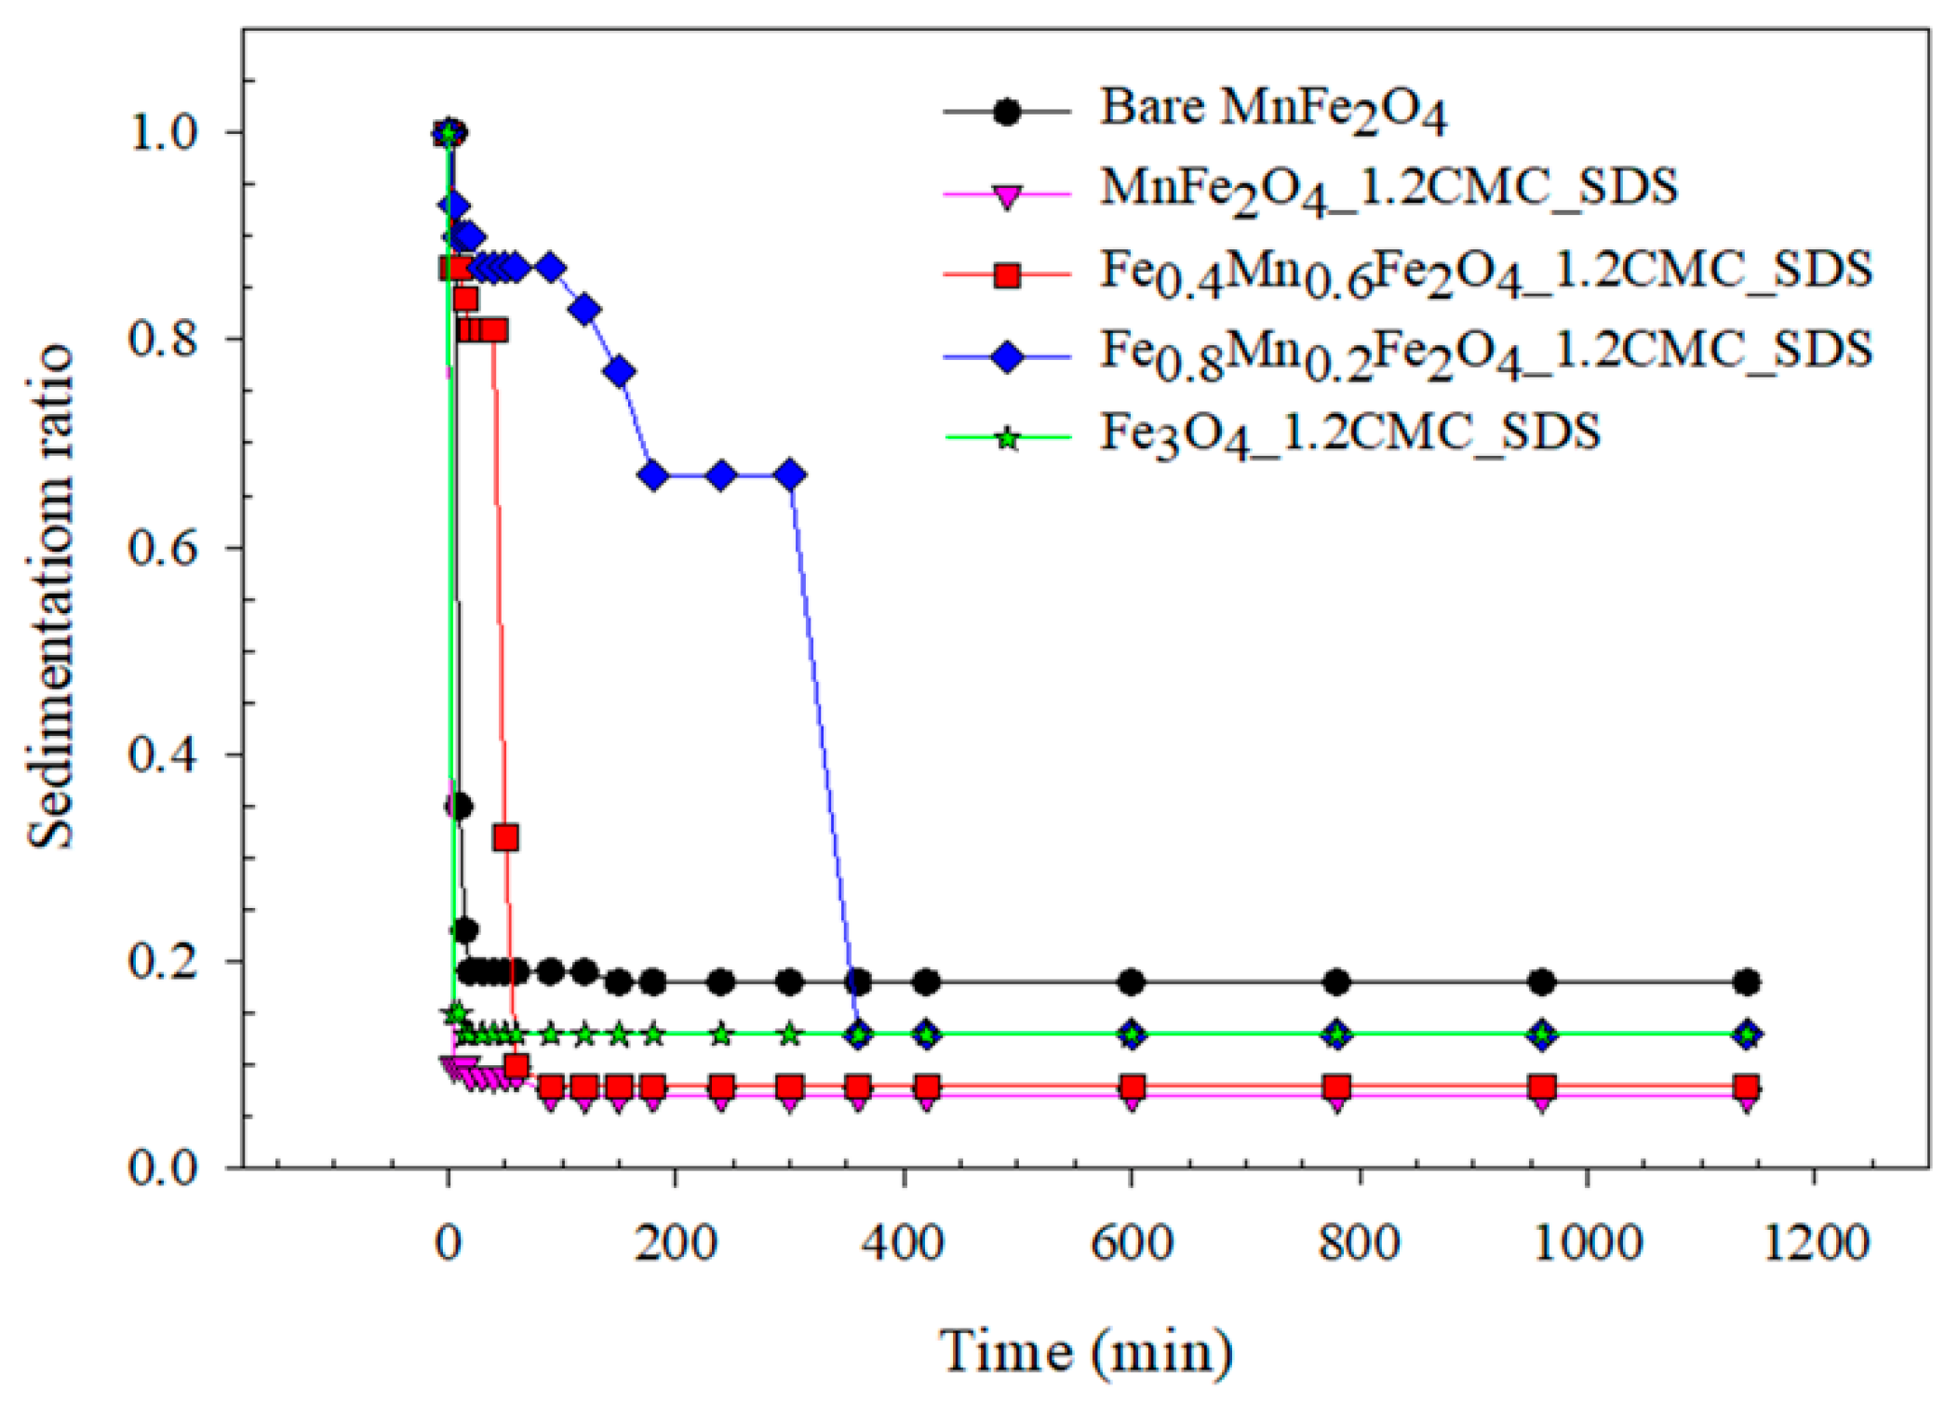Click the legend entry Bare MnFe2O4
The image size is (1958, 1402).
click(1272, 109)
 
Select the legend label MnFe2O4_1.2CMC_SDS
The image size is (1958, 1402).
click(1388, 189)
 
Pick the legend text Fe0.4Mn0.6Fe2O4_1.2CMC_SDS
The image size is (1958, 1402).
click(1485, 272)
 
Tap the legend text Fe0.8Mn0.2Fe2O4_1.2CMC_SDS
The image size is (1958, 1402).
click(1485, 353)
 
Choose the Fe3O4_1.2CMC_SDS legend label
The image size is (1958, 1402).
click(1349, 434)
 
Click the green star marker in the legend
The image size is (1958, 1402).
click(1007, 437)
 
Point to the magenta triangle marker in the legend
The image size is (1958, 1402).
click(1007, 196)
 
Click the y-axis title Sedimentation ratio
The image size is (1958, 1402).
click(51, 596)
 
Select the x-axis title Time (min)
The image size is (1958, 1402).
click(1085, 1352)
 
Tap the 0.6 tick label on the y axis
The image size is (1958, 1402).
click(163, 547)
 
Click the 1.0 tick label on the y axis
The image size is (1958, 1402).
click(163, 132)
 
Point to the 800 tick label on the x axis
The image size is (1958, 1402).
click(1359, 1243)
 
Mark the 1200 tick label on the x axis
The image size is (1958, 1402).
click(1816, 1243)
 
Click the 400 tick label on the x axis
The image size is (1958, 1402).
click(903, 1243)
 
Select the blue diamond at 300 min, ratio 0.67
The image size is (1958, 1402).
click(790, 475)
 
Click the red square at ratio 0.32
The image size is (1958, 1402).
click(505, 837)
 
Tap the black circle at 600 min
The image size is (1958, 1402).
click(1131, 981)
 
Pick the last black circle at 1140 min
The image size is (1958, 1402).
click(1747, 981)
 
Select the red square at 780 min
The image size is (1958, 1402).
click(1336, 1087)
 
